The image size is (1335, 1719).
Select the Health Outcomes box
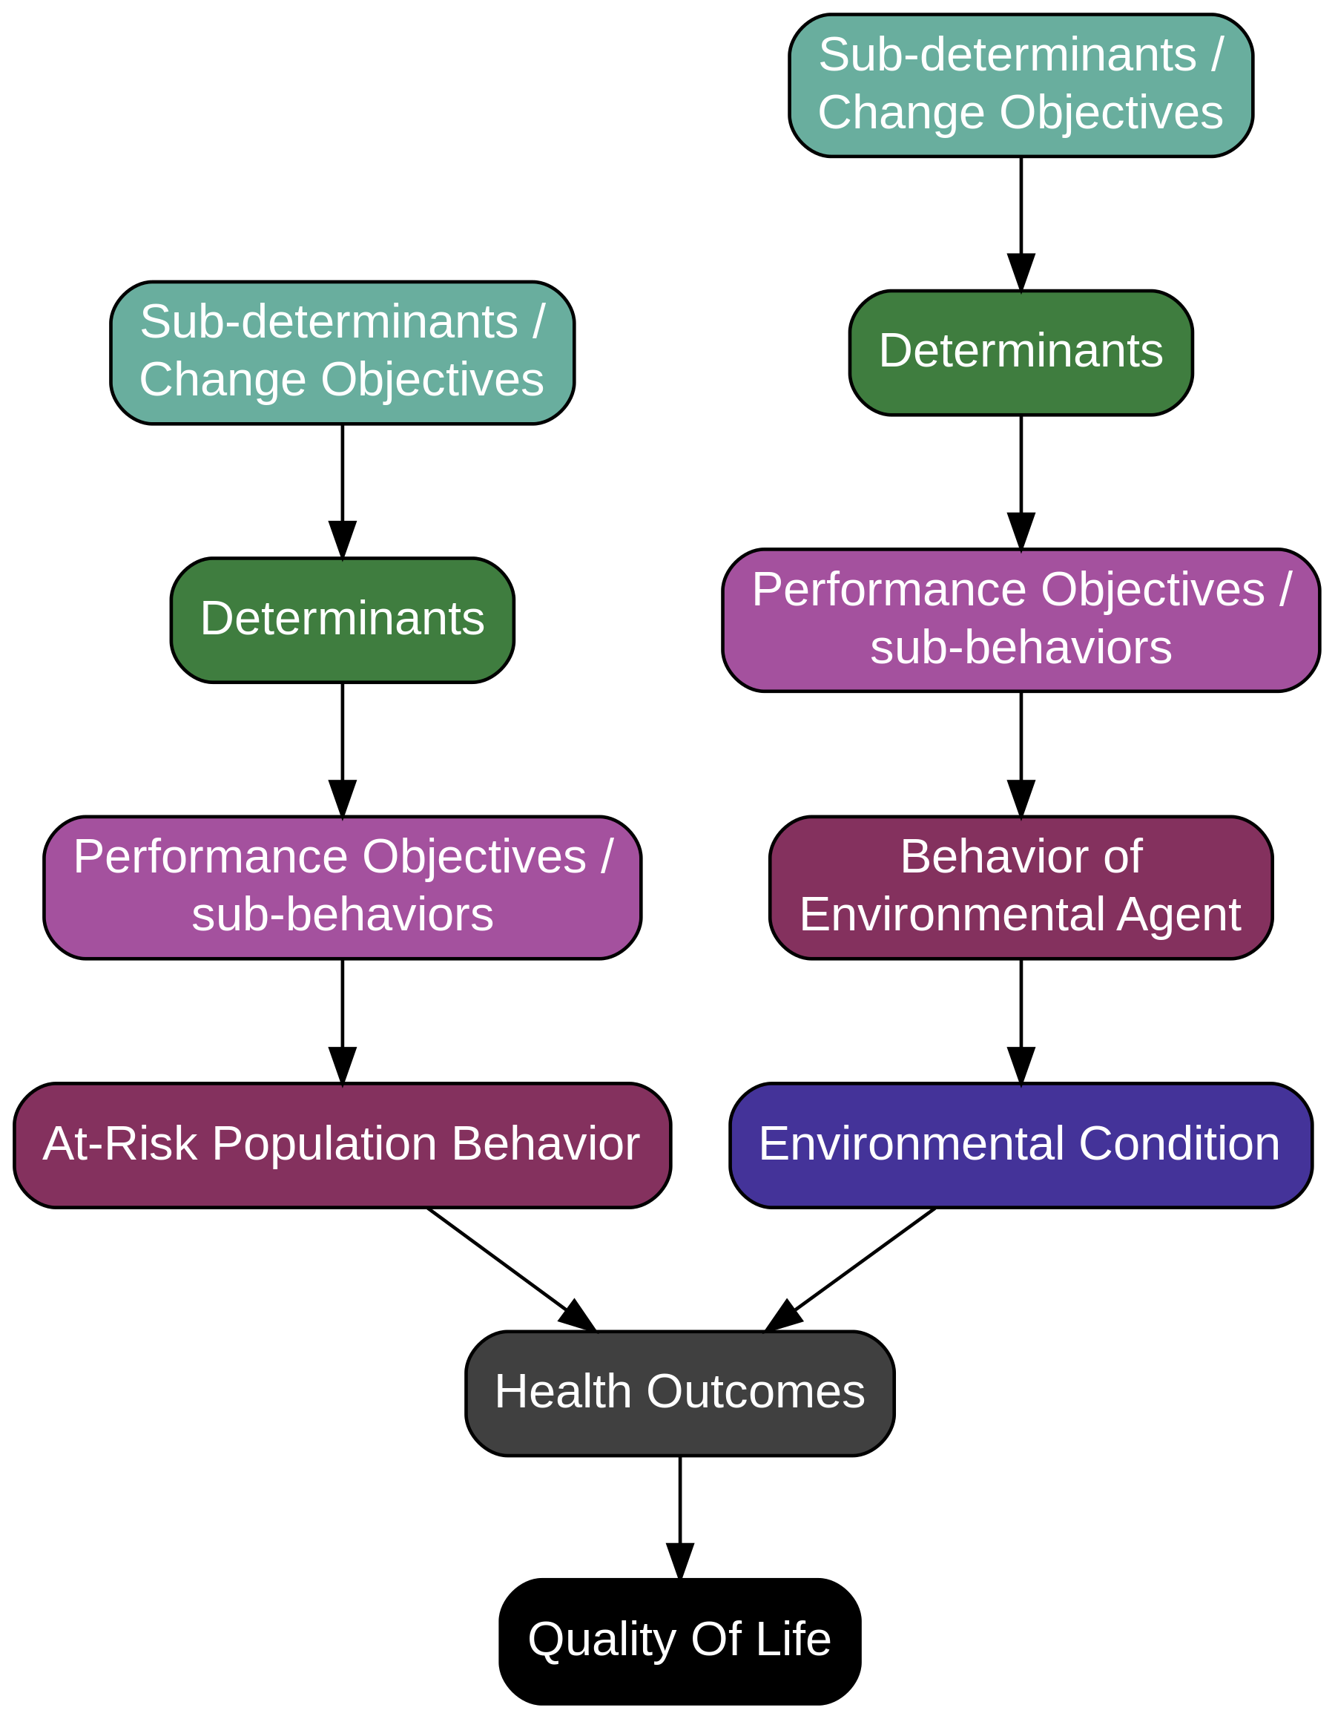[679, 1393]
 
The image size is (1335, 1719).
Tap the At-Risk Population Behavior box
[341, 1146]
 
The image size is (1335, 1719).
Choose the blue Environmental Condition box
[1021, 1146]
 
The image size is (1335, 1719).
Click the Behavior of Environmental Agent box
[1021, 887]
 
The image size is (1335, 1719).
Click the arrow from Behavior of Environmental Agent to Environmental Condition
[1021, 1016]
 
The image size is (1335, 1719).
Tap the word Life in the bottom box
[797, 1640]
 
